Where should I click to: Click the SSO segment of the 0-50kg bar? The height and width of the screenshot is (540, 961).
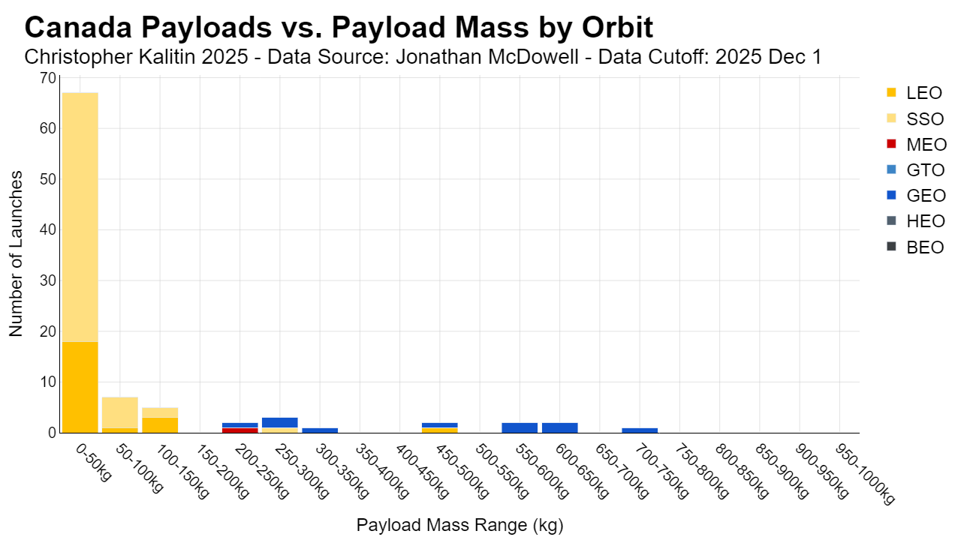pos(80,217)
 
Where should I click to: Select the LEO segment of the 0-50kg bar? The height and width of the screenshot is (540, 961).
pos(80,388)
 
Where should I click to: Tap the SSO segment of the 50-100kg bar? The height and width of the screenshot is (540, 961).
pos(120,412)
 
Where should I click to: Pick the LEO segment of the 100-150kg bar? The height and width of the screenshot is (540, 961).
pos(160,425)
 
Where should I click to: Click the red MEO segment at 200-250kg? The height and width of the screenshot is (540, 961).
pos(240,430)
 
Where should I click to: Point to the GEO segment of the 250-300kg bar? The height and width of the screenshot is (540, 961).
pos(280,423)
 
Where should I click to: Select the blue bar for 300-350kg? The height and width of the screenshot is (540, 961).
pos(320,430)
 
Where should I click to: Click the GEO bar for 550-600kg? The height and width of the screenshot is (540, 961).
pos(520,427)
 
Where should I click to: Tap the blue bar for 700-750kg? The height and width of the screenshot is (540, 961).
pos(640,430)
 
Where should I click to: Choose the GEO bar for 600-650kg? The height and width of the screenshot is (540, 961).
pos(560,427)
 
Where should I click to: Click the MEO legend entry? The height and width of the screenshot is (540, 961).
pos(917,145)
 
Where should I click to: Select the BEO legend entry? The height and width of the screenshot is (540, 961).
pos(915,247)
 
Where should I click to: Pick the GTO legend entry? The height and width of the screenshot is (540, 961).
pos(915,170)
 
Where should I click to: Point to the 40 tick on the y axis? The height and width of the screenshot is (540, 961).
pos(48,230)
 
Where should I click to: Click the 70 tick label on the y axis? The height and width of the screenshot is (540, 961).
pos(48,78)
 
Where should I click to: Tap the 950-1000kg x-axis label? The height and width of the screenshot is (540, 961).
pos(865,474)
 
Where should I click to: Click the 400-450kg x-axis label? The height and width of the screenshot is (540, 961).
pos(422,472)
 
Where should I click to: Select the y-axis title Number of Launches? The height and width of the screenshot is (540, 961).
pos(16,253)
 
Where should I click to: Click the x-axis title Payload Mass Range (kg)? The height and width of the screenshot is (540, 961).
pos(459,525)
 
